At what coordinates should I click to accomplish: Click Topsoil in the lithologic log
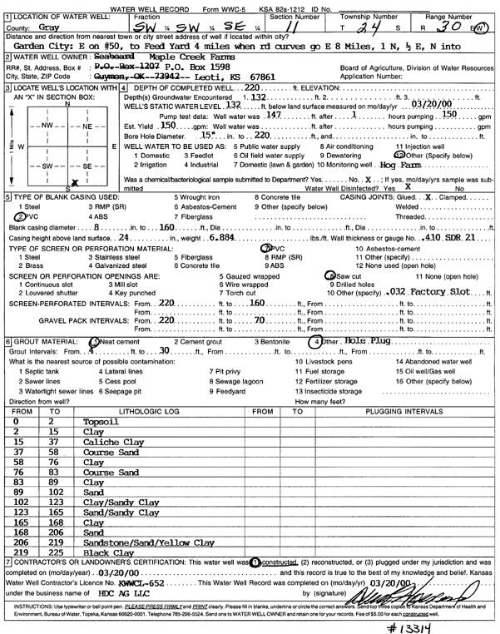[x=101, y=422]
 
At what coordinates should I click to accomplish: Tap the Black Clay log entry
[x=109, y=552]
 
